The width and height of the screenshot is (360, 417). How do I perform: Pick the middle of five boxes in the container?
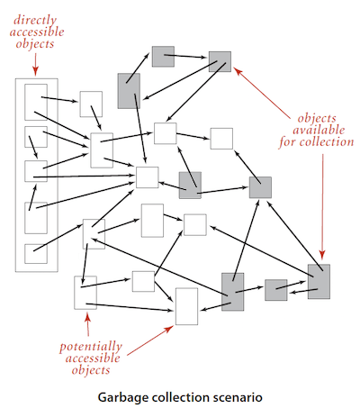click(35, 171)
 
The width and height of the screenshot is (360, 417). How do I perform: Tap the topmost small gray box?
click(163, 56)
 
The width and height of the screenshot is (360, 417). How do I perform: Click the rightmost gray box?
click(319, 281)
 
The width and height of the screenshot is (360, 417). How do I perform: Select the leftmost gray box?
click(129, 90)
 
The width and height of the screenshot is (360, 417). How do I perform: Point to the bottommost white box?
click(186, 306)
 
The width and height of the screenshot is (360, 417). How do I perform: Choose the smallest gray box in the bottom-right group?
click(275, 290)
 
